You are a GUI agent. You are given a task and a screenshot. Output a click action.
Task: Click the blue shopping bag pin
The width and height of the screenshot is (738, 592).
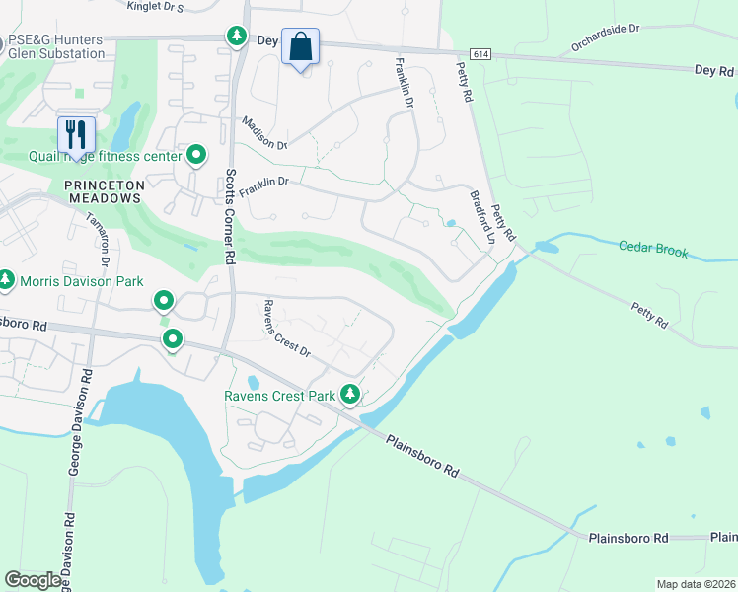pos(300,47)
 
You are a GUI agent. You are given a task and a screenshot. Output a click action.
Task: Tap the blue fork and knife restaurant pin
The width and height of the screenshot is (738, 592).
pos(76,135)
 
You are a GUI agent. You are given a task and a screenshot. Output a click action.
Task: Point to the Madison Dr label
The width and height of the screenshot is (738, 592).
pos(263,133)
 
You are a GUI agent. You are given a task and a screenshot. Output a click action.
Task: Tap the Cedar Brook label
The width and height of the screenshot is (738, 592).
pos(653,251)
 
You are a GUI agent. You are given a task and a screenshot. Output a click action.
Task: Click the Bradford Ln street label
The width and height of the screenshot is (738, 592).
pos(481,217)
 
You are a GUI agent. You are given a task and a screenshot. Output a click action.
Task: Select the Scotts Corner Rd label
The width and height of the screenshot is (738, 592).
pos(229,215)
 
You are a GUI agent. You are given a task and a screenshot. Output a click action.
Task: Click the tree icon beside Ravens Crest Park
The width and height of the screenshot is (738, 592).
pos(349,395)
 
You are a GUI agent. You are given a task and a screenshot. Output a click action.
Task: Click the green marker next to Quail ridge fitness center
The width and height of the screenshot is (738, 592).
pos(196,155)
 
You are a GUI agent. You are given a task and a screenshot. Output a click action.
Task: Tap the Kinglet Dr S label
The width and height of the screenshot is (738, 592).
pos(156,7)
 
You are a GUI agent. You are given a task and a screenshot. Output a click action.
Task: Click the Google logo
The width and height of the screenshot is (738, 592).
pos(33,580)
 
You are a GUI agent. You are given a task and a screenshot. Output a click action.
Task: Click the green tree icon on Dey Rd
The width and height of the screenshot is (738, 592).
pos(237,37)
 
